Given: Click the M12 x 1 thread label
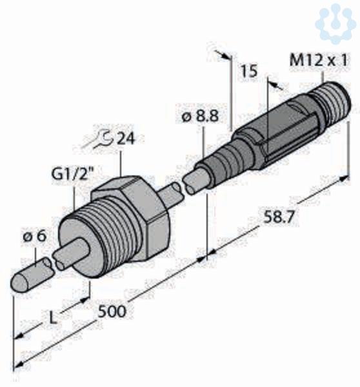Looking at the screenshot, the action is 319,61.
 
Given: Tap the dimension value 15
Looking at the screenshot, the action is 249,71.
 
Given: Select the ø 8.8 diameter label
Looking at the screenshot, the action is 200,116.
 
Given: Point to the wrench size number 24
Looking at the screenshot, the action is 126,139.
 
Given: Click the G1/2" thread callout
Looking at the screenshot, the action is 70,174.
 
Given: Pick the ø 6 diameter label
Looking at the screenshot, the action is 35,237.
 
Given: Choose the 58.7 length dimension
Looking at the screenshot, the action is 279,217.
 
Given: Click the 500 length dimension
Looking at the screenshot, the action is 112,312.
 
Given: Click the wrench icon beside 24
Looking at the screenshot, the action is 99,141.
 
